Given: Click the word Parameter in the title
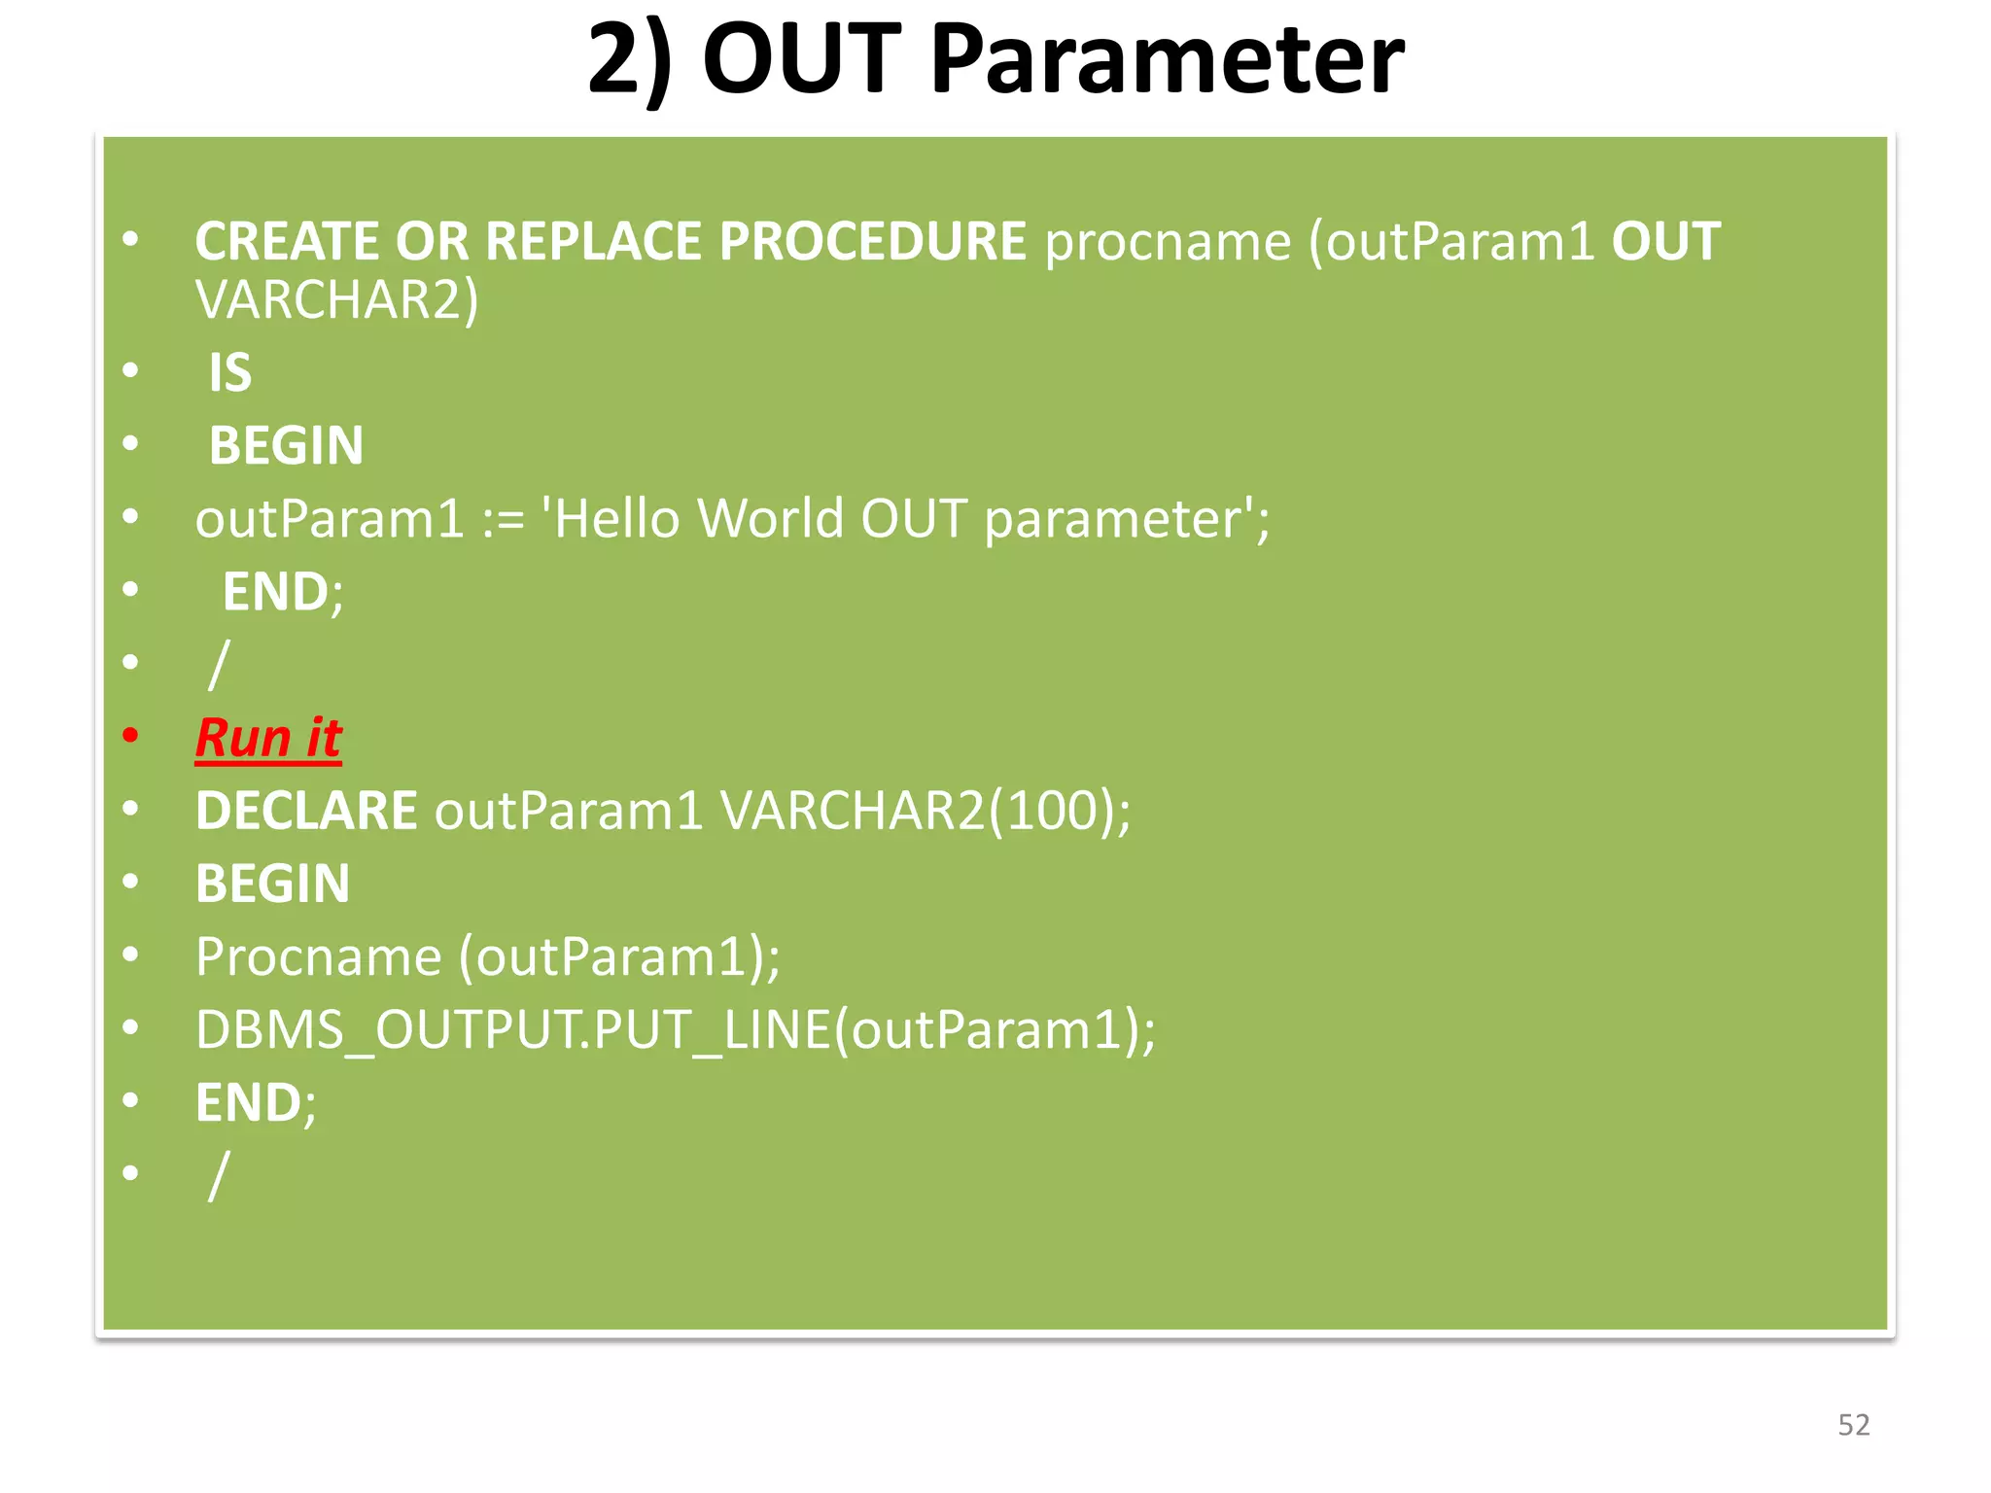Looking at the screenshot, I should coord(1167,60).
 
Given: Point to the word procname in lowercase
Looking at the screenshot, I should coord(1167,243).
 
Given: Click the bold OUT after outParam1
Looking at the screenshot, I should coord(1665,241).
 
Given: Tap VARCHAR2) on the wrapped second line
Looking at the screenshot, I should coord(336,300).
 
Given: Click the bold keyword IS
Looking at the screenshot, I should coord(230,372).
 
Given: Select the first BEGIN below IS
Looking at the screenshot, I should coord(286,446).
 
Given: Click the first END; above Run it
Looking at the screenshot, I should coord(282,592).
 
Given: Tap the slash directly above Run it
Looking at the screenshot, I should coord(219,665).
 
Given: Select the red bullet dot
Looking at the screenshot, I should coord(130,736).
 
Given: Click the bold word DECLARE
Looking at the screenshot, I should coord(306,811).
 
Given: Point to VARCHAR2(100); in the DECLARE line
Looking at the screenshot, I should coord(925,811).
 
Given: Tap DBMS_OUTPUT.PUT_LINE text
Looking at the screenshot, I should coord(513,1030).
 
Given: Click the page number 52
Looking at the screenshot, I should coord(1853,1425).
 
